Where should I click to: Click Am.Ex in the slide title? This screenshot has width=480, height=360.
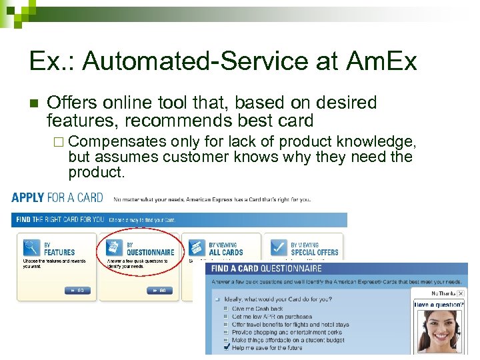click(382, 61)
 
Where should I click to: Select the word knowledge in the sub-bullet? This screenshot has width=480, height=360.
click(379, 141)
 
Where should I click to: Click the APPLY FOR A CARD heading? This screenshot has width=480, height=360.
click(57, 198)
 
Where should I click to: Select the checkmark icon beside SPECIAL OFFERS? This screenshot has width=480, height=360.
click(279, 248)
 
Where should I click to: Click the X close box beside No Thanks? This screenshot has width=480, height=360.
click(460, 293)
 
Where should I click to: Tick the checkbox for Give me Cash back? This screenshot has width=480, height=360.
click(226, 309)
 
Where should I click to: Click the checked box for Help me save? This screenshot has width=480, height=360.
click(226, 347)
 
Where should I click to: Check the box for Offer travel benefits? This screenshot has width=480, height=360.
click(226, 325)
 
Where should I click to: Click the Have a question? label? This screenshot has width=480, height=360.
click(439, 305)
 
